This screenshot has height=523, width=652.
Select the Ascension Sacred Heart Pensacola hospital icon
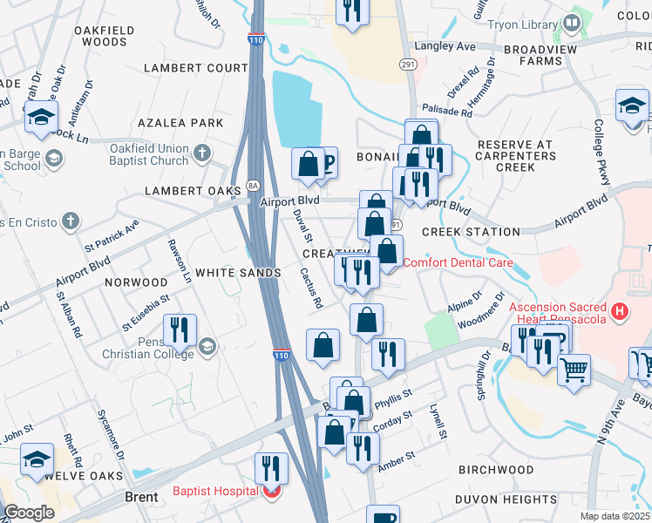pos(619,310)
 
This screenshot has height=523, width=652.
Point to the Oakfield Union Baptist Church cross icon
pos(202,154)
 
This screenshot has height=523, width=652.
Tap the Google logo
pos(29,512)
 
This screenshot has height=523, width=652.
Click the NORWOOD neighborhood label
pos(136,282)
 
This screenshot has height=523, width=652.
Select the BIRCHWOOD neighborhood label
pos(495,470)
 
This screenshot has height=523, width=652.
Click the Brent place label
pos(140,498)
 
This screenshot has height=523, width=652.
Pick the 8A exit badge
pos(253,185)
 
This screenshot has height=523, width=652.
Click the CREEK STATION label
pos(471,232)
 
